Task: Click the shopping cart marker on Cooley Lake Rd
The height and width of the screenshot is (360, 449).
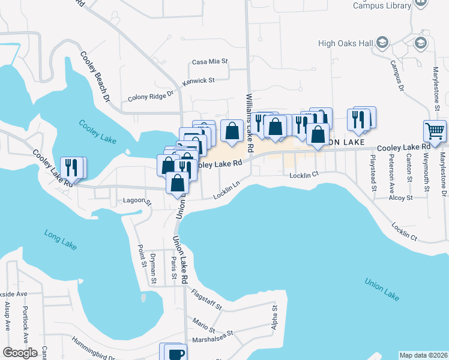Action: coord(435,130)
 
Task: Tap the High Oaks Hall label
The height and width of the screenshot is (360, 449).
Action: coord(346,43)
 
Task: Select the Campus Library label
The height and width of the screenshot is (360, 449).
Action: coord(381,5)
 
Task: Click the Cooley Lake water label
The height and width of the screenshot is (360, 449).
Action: coord(98,131)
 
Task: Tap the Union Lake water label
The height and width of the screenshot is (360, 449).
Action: coord(382,289)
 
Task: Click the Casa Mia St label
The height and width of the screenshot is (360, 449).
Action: coord(210,61)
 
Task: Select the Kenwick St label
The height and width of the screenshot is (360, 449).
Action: coord(199,80)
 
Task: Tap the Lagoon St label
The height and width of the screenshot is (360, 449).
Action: coord(136,202)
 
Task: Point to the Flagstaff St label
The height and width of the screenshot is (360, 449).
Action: coord(206,299)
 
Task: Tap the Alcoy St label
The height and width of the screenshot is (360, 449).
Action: coord(400,197)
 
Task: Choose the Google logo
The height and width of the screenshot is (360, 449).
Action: coord(21,353)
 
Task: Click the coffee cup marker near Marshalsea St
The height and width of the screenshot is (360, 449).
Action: coord(175,353)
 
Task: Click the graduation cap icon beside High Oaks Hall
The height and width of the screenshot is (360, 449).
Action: coord(382,42)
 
